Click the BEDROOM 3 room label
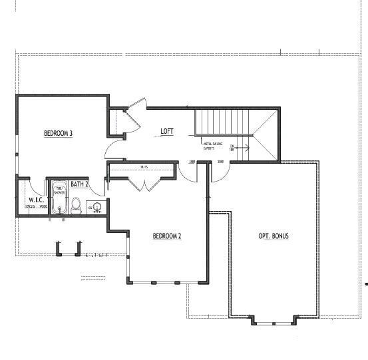coord(58,134)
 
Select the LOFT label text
coord(167,132)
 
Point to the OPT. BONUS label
coord(273,236)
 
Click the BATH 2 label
coord(80,184)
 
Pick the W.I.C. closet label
coord(36,200)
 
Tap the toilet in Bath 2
coord(76,206)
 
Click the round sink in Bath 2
coord(97,207)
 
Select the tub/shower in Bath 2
coord(59,198)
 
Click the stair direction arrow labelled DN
coord(240,147)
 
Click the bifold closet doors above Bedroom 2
coord(144,184)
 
